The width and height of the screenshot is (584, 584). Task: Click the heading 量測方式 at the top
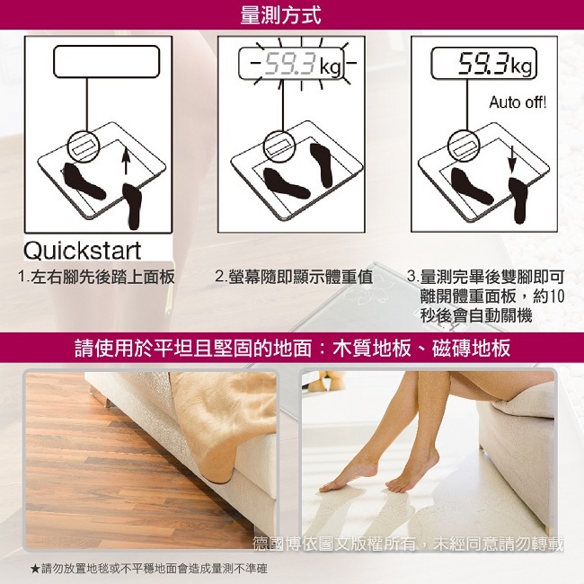pos(280,15)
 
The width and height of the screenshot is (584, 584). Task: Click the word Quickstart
pos(83,251)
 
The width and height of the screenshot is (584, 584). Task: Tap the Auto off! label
pos(518,102)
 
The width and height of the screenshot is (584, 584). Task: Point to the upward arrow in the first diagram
pos(126,160)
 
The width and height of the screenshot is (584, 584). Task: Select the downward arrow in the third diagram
pos(512,159)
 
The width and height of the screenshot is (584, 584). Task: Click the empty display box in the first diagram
pos(107,62)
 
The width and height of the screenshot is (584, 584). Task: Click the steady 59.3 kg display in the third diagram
pos(483,63)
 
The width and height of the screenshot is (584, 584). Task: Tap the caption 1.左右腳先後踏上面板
pos(96,277)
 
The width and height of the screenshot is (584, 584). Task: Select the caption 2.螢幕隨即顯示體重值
pos(294,277)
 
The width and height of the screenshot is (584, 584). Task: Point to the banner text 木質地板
pos(372,349)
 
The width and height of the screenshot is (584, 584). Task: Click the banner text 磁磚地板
pos(471,349)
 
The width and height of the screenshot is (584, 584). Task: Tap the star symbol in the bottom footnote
pos(35,569)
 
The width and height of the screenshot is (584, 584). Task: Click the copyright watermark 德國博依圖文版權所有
pos(334,544)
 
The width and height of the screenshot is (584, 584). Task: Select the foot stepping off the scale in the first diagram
pos(133,206)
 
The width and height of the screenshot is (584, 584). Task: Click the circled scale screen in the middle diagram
pos(280,146)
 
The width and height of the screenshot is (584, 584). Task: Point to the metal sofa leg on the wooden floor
pos(107,400)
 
